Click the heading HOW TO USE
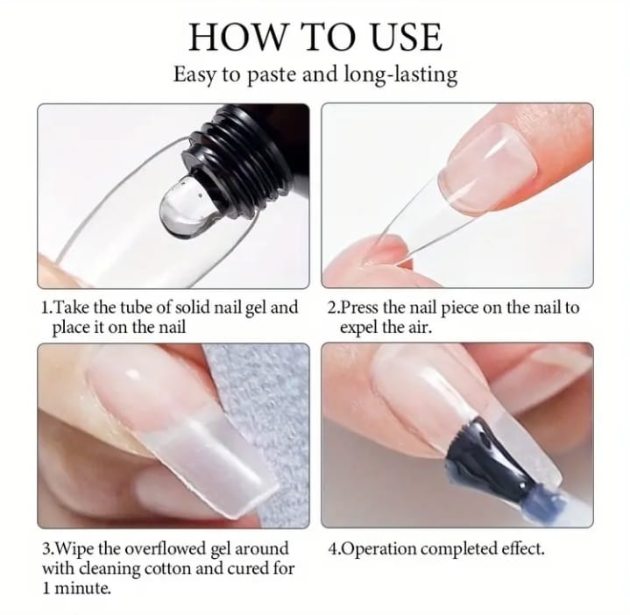tap(315, 37)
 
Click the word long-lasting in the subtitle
tap(400, 74)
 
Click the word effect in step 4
tap(523, 548)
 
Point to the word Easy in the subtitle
tap(195, 75)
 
